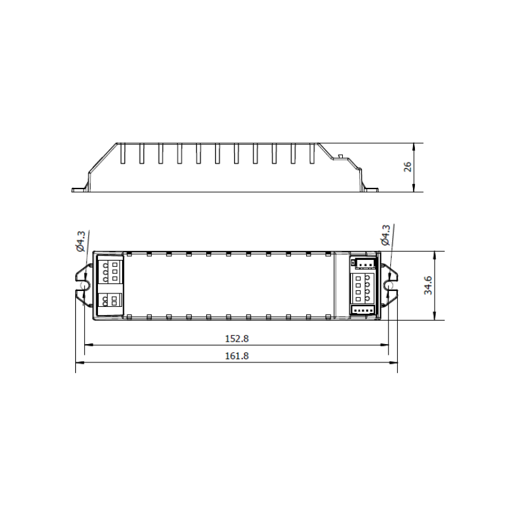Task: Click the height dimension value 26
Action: click(408, 167)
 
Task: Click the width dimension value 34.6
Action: click(428, 285)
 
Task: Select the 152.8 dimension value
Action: click(237, 339)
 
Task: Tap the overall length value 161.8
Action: click(237, 356)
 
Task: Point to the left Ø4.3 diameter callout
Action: click(80, 241)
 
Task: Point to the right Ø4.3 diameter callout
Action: click(386, 235)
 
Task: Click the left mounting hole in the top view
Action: click(84, 286)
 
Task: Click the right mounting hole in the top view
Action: click(388, 286)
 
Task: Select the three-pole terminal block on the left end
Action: click(110, 272)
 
